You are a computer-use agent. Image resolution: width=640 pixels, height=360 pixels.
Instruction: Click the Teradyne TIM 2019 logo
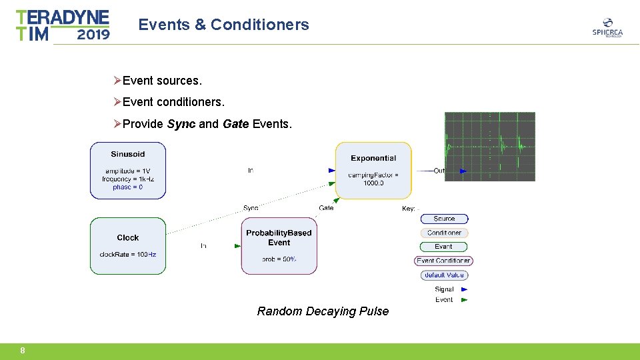click(x=63, y=25)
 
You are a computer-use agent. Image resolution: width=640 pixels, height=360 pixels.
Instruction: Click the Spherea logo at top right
click(x=607, y=27)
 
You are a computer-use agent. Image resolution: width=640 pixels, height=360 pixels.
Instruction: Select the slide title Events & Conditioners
click(x=223, y=25)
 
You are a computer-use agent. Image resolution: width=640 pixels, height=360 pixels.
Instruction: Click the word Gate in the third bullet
click(x=235, y=124)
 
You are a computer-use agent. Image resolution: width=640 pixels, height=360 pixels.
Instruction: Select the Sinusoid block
click(x=128, y=171)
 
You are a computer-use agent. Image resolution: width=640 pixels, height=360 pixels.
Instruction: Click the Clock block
click(x=128, y=245)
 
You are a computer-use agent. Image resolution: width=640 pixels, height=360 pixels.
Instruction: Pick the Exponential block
click(x=373, y=170)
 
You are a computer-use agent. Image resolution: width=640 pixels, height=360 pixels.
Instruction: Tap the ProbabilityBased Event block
click(x=279, y=245)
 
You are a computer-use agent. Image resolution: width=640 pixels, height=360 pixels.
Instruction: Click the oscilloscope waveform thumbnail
click(x=490, y=147)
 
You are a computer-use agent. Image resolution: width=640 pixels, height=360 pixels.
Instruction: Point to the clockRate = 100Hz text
click(x=128, y=255)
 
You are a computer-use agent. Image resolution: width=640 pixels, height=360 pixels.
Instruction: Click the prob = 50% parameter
click(x=279, y=259)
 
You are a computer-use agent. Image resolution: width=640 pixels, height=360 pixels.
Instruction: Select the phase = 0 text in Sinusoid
click(x=127, y=187)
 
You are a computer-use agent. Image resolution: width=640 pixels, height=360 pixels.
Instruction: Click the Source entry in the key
click(x=444, y=219)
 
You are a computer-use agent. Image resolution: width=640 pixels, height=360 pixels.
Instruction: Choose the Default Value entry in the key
click(x=444, y=275)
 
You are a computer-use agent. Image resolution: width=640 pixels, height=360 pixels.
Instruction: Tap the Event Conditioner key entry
click(x=444, y=261)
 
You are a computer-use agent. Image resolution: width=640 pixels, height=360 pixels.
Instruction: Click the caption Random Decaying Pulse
click(x=323, y=311)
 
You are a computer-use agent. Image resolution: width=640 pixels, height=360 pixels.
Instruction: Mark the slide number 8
click(x=23, y=351)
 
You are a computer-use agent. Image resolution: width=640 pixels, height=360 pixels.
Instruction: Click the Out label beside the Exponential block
click(x=439, y=171)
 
